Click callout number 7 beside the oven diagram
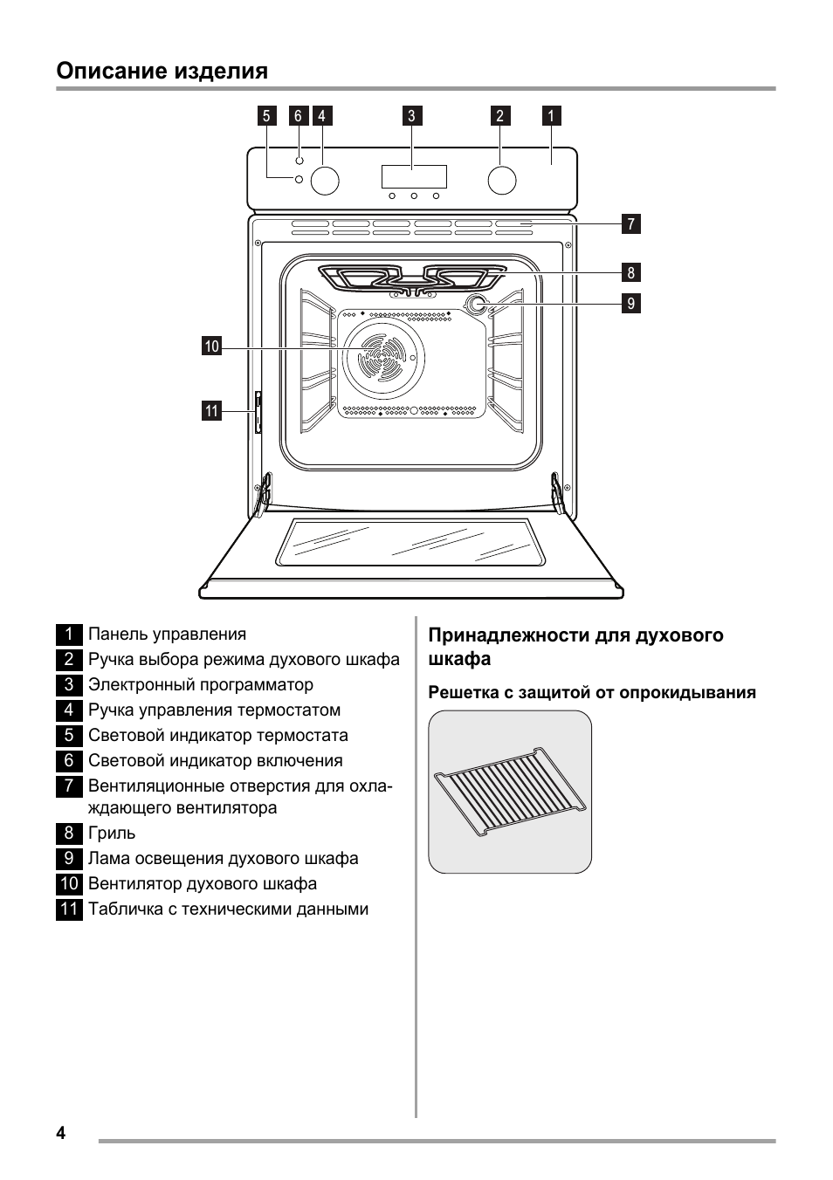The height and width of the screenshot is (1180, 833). (631, 223)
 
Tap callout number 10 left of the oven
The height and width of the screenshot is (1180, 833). (211, 347)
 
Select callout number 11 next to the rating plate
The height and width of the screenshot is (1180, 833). (211, 410)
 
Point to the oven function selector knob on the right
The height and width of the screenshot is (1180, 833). (501, 180)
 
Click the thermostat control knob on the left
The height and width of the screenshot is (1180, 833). (324, 180)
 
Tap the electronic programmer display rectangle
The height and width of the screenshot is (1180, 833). (414, 176)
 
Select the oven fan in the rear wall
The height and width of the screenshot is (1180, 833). (384, 359)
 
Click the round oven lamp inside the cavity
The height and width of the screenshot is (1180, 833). (477, 305)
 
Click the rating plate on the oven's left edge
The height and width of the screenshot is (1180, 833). (258, 413)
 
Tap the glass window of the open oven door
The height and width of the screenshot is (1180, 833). (410, 542)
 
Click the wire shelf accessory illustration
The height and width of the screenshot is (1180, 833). (510, 791)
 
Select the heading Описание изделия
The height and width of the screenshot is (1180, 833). (162, 71)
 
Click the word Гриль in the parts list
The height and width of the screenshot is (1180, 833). (112, 834)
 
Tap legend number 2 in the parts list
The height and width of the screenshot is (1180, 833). (69, 660)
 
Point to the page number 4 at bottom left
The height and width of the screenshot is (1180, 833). (60, 1134)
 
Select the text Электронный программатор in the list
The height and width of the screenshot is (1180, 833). (200, 685)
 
